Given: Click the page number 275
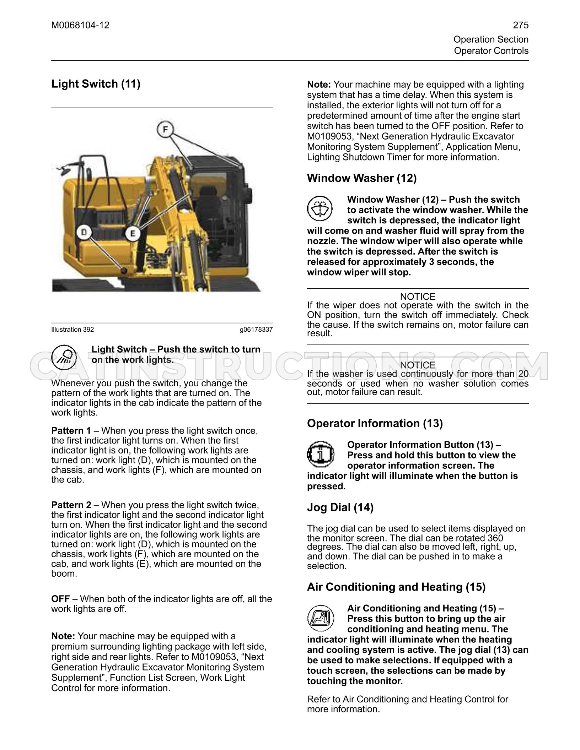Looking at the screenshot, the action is pyautogui.click(x=521, y=25).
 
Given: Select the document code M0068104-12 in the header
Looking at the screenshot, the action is pyautogui.click(x=80, y=25).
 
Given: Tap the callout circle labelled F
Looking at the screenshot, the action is pyautogui.click(x=165, y=129).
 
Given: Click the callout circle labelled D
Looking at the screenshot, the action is pyautogui.click(x=85, y=233).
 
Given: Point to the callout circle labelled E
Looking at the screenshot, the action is pyautogui.click(x=133, y=233).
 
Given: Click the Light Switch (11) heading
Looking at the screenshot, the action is pyautogui.click(x=96, y=84).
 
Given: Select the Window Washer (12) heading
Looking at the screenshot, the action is pyautogui.click(x=362, y=178).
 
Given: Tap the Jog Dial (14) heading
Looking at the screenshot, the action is pyautogui.click(x=340, y=507).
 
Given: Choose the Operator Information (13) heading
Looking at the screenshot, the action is pyautogui.click(x=375, y=423).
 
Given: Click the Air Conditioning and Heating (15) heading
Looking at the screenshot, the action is pyautogui.click(x=396, y=587).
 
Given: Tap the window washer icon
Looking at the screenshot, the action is pyautogui.click(x=320, y=208).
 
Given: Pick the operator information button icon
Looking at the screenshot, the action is pyautogui.click(x=321, y=454).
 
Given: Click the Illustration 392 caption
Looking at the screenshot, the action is pyautogui.click(x=72, y=330).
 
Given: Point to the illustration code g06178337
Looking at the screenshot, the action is pyautogui.click(x=256, y=330).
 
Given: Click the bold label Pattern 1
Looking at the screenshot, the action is pyautogui.click(x=71, y=431).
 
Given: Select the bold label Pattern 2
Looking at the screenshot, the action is pyautogui.click(x=71, y=505).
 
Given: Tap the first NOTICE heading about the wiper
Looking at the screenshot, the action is pyautogui.click(x=418, y=297).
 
